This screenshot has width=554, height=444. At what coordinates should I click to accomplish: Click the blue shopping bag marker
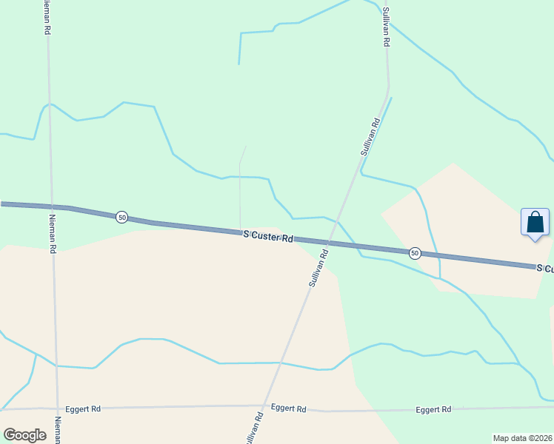[535, 223]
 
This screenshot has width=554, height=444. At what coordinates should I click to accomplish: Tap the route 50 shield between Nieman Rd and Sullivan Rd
[122, 217]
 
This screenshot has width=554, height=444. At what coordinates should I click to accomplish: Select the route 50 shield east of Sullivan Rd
[415, 253]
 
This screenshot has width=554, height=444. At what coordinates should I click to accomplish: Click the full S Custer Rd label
[268, 236]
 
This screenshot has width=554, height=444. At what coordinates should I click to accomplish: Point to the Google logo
[24, 435]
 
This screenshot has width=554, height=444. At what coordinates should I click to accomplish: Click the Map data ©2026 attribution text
[523, 438]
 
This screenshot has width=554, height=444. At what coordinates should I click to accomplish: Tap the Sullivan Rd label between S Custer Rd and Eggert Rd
[317, 269]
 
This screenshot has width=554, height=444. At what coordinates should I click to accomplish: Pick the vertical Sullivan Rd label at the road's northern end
[386, 27]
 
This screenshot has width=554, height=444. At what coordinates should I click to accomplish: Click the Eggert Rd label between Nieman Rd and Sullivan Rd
[82, 408]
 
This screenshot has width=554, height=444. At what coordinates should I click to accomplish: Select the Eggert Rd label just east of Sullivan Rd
[289, 408]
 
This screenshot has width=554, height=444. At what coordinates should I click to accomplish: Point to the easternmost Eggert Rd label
[433, 409]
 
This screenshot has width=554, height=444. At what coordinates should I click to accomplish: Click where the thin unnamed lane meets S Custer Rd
[240, 229]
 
